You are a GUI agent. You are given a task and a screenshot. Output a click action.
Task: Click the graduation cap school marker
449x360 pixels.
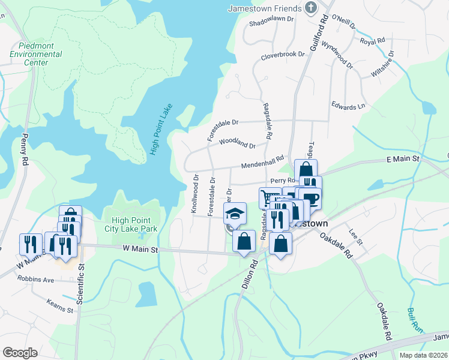235,213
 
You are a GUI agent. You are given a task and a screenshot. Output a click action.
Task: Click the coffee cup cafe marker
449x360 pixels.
310,198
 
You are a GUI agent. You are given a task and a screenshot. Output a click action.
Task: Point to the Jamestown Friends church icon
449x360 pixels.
310,8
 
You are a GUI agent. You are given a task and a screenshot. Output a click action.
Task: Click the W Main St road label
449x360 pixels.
139,249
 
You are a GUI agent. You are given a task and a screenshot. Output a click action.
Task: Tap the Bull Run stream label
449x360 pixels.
413,320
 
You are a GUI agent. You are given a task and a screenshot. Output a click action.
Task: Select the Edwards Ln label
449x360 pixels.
348,106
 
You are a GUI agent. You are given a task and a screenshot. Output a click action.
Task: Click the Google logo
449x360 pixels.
20,352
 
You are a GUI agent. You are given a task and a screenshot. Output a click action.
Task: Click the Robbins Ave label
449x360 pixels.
36,280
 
